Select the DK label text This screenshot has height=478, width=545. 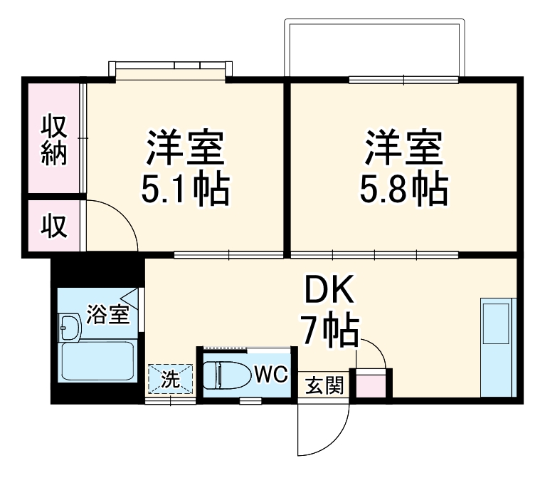click(x=329, y=290)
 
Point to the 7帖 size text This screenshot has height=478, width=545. click(x=329, y=329)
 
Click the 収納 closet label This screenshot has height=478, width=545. click(x=53, y=140)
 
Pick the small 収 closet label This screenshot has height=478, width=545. click(x=53, y=227)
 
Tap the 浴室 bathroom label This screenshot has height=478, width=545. click(x=108, y=314)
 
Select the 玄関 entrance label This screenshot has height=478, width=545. click(x=324, y=386)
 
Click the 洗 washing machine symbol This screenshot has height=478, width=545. click(x=171, y=379)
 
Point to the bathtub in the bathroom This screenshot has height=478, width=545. click(x=97, y=362)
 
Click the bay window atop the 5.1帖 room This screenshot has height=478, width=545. click(x=171, y=68)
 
